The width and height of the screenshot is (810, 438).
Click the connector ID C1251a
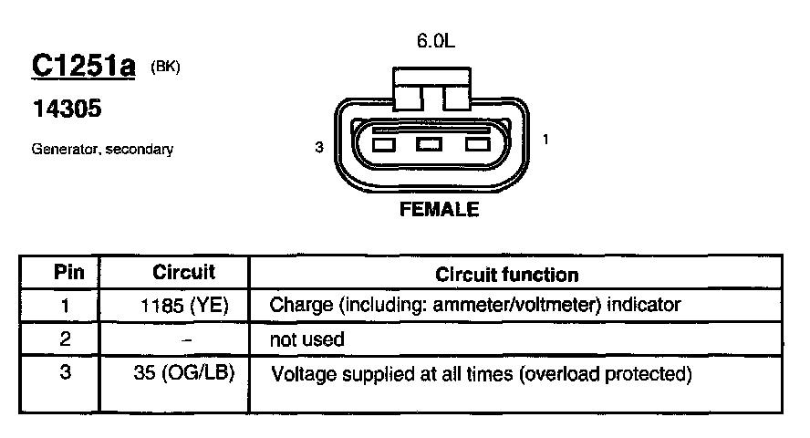83,67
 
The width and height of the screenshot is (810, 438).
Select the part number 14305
67,109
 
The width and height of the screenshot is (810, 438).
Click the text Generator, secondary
102,149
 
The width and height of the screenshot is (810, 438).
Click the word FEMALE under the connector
439,209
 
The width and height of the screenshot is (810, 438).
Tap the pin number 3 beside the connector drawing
319,146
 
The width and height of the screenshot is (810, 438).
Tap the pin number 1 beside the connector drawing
545,140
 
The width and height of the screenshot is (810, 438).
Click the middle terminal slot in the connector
429,144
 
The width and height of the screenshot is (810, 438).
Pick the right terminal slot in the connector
477,144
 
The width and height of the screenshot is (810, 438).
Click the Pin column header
68,272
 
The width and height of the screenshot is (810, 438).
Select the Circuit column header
183,272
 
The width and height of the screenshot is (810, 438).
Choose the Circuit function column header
506,274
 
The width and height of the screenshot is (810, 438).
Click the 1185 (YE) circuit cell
185,305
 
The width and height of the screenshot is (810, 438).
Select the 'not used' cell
306,339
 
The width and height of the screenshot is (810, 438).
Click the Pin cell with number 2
66,339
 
